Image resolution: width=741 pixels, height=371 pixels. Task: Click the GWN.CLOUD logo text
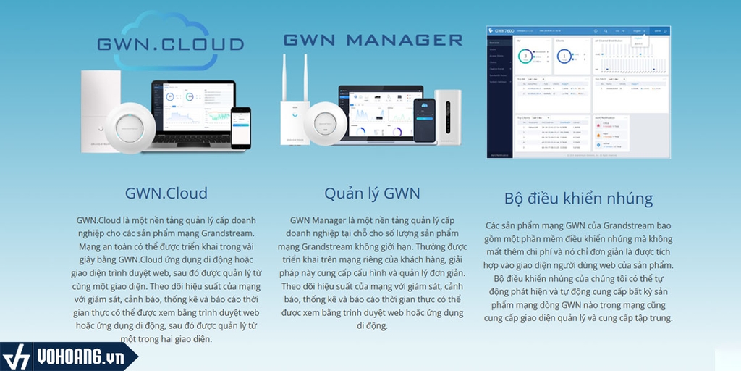point(171,45)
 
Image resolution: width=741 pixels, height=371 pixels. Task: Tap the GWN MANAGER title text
point(372,39)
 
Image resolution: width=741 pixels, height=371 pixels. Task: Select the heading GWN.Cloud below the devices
point(166,193)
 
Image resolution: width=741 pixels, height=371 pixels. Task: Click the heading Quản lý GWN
point(372,193)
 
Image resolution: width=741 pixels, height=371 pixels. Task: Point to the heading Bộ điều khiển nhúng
point(578,199)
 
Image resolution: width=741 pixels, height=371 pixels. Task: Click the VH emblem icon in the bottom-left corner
point(16,357)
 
